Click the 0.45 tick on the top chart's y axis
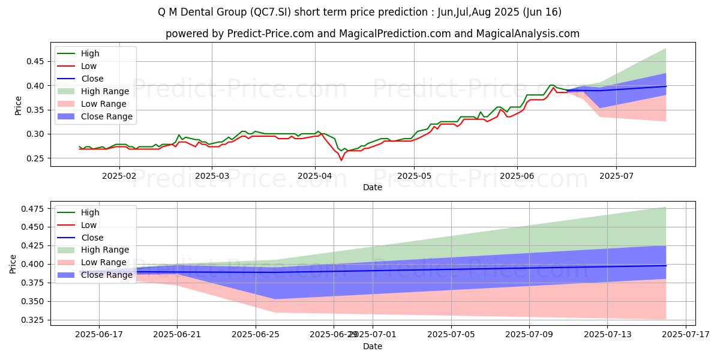point(36,61)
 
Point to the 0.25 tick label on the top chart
point(36,158)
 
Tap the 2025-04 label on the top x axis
point(315,176)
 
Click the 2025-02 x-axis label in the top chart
point(119,176)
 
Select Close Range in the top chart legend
point(106,116)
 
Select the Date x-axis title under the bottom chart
point(372,346)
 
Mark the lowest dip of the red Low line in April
point(341,160)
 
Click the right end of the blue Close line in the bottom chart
point(665,265)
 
